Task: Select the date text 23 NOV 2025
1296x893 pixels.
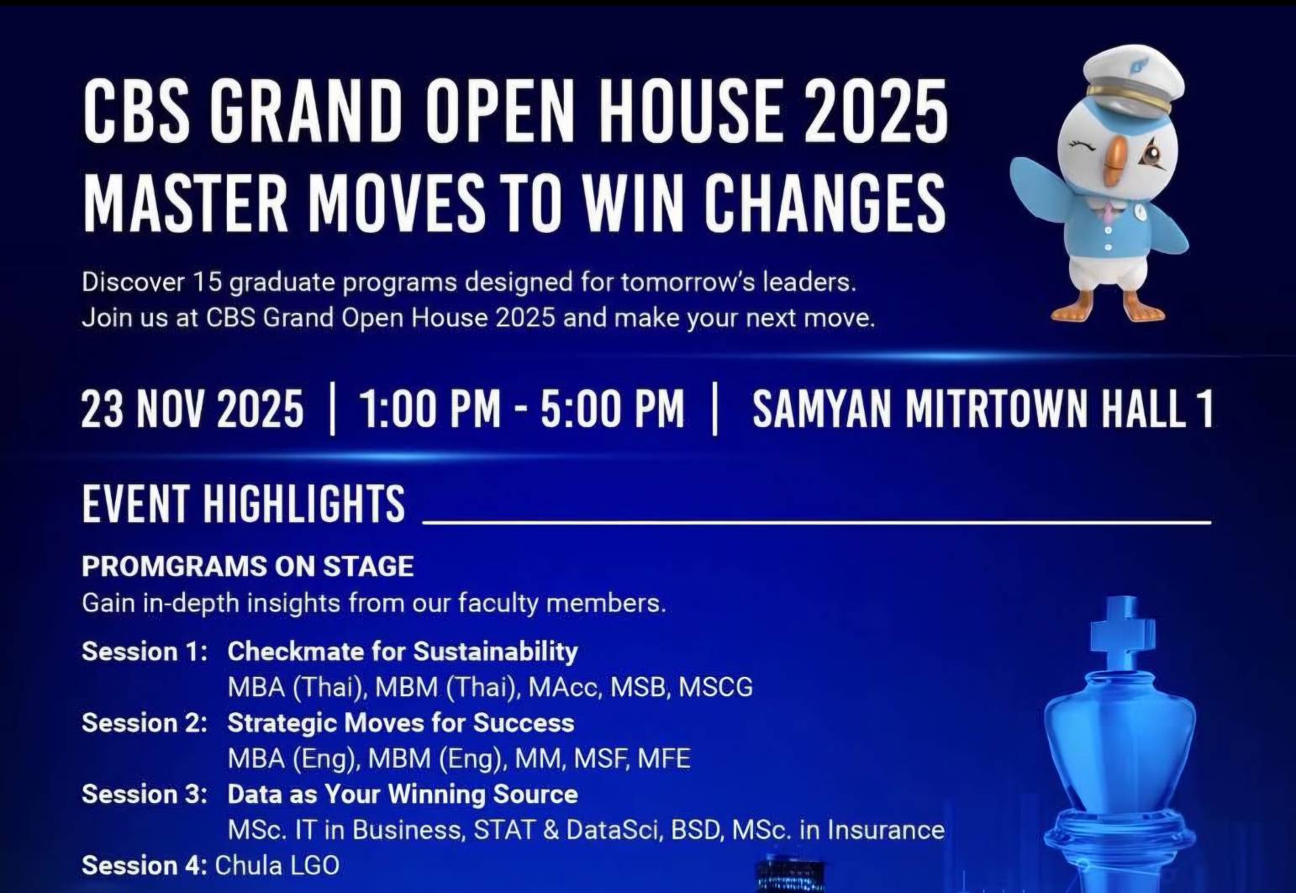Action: [192, 409]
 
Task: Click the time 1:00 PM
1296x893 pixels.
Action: [429, 409]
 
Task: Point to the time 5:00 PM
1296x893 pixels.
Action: [613, 409]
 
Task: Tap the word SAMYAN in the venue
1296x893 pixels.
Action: [822, 409]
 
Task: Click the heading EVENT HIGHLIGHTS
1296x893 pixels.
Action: [244, 504]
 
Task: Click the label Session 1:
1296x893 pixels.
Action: [145, 652]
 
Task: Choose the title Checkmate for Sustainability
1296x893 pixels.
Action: [403, 653]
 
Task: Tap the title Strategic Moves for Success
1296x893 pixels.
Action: [401, 723]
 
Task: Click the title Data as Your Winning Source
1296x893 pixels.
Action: [403, 795]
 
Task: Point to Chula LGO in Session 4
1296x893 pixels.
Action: [277, 866]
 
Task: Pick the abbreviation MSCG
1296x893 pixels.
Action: [716, 688]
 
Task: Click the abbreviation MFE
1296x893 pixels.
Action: [664, 758]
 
